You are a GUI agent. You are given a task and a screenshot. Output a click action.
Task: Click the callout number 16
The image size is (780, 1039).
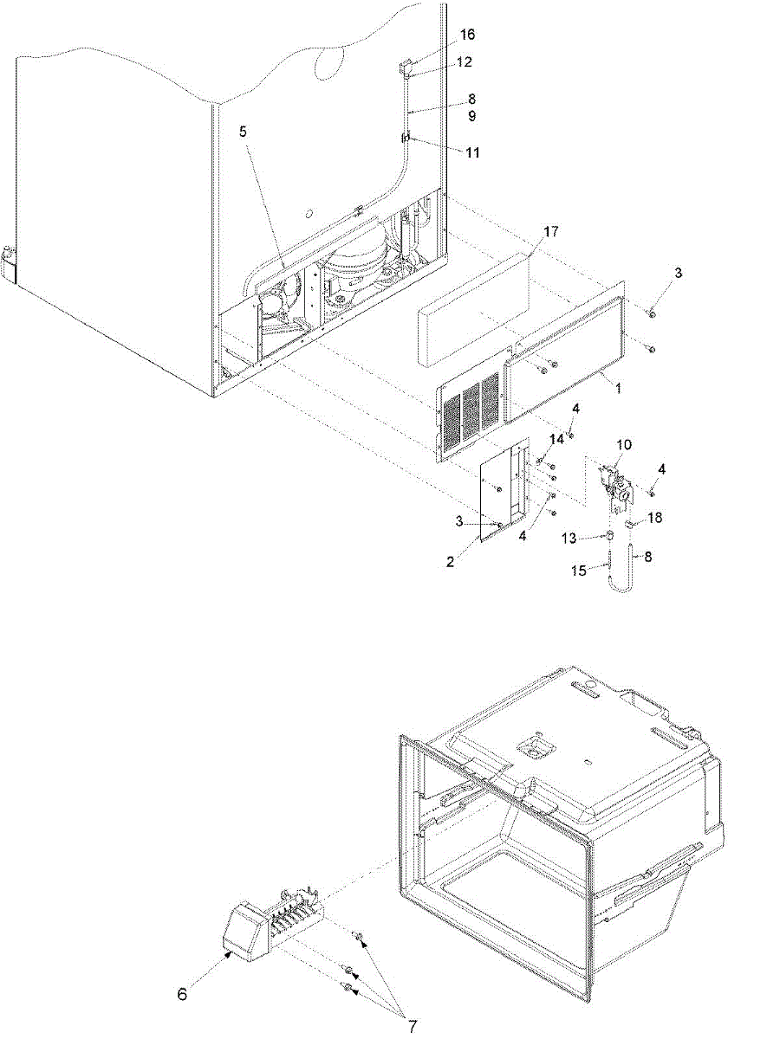(x=467, y=35)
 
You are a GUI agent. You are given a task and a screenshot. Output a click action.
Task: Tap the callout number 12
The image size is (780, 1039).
(x=466, y=62)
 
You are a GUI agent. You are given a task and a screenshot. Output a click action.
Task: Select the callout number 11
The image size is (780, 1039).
(x=472, y=152)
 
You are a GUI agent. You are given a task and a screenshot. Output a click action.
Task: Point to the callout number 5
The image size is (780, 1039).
(x=244, y=132)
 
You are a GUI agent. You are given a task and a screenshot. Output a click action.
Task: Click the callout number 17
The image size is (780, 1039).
(x=551, y=232)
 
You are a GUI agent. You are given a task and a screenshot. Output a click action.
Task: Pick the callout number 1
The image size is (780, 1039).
(x=618, y=390)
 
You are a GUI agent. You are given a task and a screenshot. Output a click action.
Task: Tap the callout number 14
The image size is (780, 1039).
(x=556, y=439)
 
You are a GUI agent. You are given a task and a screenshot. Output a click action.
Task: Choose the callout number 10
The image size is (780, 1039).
(x=624, y=444)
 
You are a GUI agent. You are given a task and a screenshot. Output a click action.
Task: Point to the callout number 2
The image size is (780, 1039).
(x=475, y=561)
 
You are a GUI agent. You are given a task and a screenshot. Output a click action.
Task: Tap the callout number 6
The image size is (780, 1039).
(x=182, y=995)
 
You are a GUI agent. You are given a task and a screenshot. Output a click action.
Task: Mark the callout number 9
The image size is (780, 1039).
(x=471, y=115)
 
